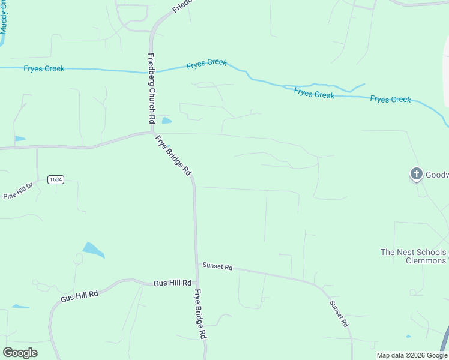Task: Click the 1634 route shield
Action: (x=56, y=179)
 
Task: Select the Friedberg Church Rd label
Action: (x=151, y=89)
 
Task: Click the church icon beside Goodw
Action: (x=416, y=175)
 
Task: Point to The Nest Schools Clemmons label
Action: (x=414, y=256)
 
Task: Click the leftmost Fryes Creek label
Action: (x=44, y=68)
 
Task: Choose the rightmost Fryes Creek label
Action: (x=390, y=99)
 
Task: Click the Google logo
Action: (x=20, y=353)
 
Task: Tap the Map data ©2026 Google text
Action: (x=412, y=355)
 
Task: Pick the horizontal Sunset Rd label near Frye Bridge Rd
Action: (x=217, y=266)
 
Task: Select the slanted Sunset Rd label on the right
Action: (x=339, y=313)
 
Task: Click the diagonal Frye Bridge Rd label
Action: (x=173, y=155)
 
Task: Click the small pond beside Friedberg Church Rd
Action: (x=166, y=120)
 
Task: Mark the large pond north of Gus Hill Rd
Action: (x=93, y=250)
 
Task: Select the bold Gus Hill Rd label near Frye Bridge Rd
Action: (x=172, y=283)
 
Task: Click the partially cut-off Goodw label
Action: (x=437, y=175)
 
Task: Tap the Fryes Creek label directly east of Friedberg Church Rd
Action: (x=206, y=64)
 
